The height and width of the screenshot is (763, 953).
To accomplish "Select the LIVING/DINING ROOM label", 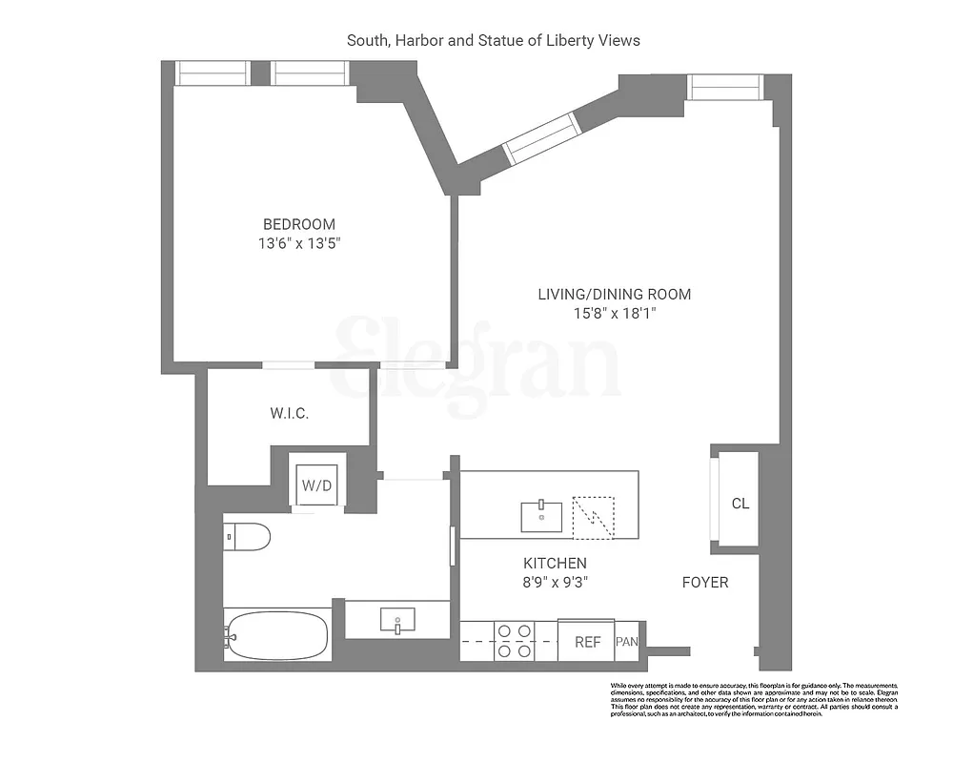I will (614, 294).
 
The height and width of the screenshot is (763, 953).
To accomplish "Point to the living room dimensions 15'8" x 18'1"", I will (614, 313).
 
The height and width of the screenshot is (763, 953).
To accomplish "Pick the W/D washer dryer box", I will (316, 485).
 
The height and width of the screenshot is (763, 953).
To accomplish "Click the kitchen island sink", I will (541, 515).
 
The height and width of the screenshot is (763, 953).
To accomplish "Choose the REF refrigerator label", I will (587, 642).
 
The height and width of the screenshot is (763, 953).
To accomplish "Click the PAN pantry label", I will (626, 642).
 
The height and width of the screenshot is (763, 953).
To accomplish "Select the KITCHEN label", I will (554, 563).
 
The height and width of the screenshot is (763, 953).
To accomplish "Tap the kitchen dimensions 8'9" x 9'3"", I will (554, 582).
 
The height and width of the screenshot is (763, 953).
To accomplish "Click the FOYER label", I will (705, 582).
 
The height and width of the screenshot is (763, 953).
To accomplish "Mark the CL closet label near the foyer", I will (740, 504).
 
